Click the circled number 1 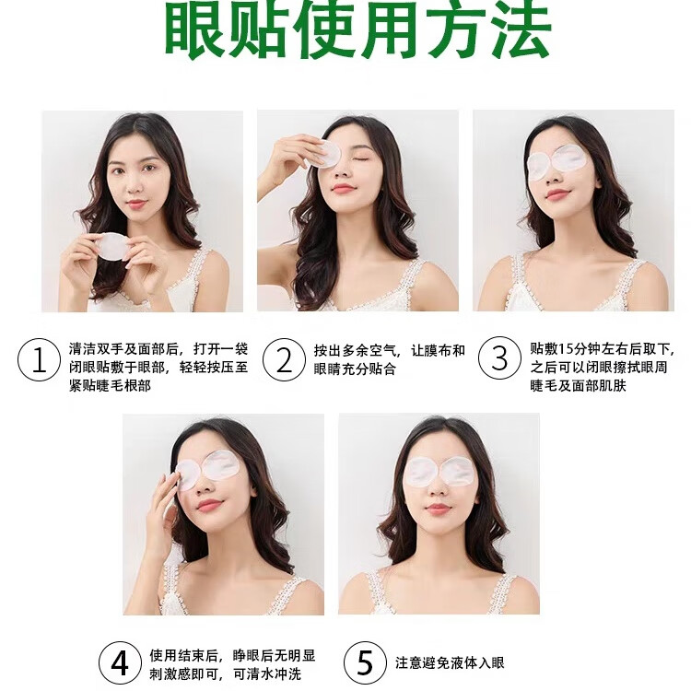coord(39,359)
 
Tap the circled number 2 coord(284,359)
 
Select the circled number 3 coord(499,358)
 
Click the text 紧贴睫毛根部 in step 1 coord(110,385)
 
